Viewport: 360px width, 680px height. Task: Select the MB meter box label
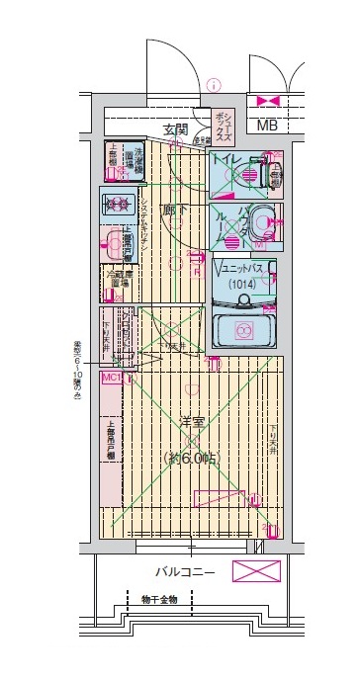coord(267,126)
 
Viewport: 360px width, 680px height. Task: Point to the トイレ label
coord(228,158)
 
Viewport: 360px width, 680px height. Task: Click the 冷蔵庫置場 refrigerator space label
coord(117,280)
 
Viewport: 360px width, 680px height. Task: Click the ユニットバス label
coord(243,269)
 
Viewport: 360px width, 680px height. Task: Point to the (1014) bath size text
coord(241,286)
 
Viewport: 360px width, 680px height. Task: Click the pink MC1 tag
coord(110,377)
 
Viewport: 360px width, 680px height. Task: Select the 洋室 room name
coord(194,422)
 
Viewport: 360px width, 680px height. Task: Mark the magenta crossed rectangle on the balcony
coord(255,571)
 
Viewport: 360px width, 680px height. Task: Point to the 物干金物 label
coord(158,599)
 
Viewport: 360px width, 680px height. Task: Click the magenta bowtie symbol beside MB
coord(268,101)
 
